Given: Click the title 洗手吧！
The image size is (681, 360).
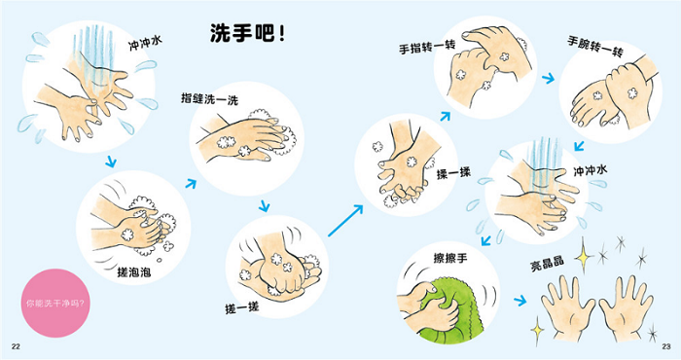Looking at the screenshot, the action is click(248, 33).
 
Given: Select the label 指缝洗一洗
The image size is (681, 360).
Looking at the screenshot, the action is click(210, 99).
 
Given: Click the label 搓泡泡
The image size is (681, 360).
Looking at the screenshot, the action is click(134, 271).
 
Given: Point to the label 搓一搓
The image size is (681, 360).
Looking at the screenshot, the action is click(242, 307).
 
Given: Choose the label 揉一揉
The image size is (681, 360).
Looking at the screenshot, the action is click(453, 174).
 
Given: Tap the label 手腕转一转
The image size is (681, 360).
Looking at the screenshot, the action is click(595, 47).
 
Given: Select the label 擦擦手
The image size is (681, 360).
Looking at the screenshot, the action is click(450, 258).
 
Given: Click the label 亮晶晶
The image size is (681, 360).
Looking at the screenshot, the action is click(547, 263).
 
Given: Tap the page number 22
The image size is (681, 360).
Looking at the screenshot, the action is click(17, 346).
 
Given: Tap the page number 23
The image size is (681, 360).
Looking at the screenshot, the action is click(665, 346).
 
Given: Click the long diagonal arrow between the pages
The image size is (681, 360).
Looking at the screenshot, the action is click(345, 221).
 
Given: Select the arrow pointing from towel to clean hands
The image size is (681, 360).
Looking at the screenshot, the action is click(520, 301).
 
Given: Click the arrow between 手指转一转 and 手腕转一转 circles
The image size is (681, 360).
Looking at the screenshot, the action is click(549, 79).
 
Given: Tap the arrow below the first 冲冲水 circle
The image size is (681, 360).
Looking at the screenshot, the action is click(111, 162).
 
